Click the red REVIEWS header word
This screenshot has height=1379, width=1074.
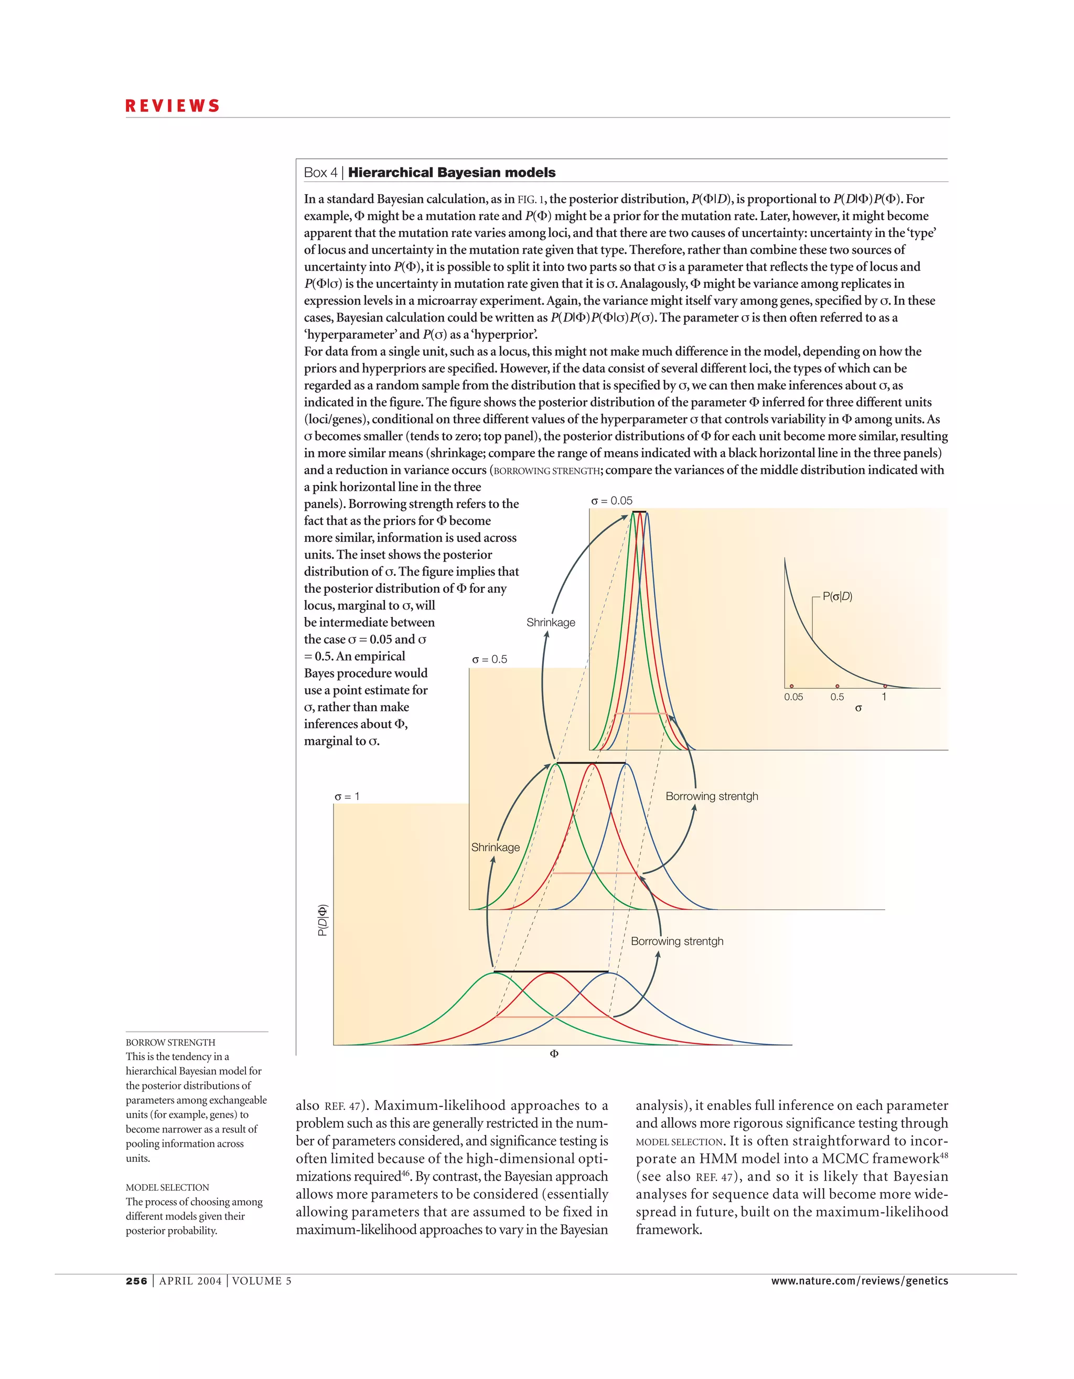pos(173,106)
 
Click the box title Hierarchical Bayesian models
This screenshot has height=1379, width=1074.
pos(452,173)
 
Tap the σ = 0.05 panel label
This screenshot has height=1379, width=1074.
pos(611,501)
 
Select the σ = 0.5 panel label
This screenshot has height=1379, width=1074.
pos(489,659)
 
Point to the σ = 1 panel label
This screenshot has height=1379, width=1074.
pos(347,796)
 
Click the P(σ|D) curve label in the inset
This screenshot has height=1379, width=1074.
pos(837,596)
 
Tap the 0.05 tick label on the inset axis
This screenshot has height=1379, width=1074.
pos(793,697)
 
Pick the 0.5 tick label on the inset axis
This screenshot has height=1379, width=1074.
pos(837,697)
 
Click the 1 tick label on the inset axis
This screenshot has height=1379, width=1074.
pos(884,697)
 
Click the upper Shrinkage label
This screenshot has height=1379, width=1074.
pos(551,623)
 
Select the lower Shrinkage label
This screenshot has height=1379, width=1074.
pos(495,847)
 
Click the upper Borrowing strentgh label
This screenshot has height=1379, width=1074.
pos(712,796)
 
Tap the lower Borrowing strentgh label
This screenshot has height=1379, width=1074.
pos(677,941)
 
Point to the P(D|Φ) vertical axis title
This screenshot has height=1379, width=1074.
pos(323,920)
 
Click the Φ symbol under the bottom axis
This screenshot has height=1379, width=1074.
pos(554,1054)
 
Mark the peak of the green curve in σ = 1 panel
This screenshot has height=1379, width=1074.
pos(495,973)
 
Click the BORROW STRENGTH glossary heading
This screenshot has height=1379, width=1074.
pos(170,1042)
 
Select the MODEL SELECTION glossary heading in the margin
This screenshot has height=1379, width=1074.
pos(167,1187)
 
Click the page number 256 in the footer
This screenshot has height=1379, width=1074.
pos(136,1280)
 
